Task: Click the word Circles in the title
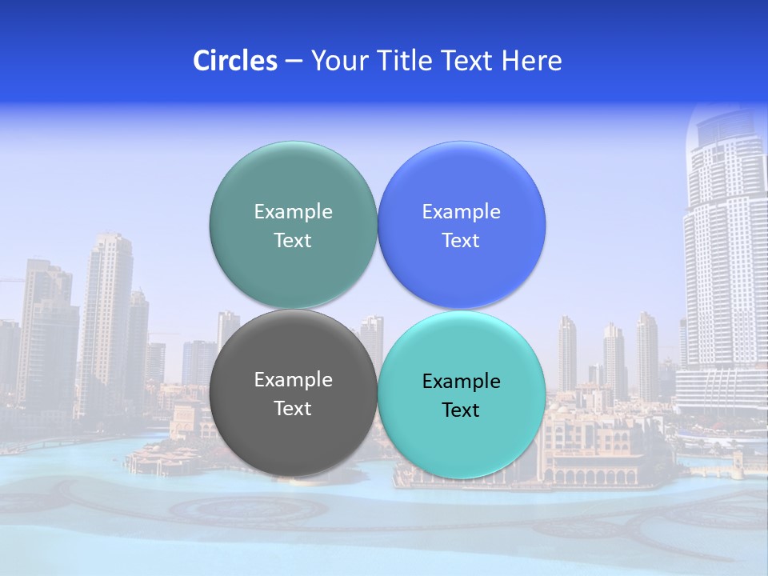[234, 61]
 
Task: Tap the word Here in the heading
[532, 61]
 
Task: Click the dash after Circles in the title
[294, 62]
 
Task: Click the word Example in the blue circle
[462, 211]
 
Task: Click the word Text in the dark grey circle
[293, 408]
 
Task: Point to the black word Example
[462, 381]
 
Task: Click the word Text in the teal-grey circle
[293, 240]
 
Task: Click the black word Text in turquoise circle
[462, 410]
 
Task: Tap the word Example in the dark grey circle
[293, 379]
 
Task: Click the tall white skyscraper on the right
[724, 264]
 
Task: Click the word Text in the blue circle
[462, 240]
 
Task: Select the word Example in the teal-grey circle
[293, 211]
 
